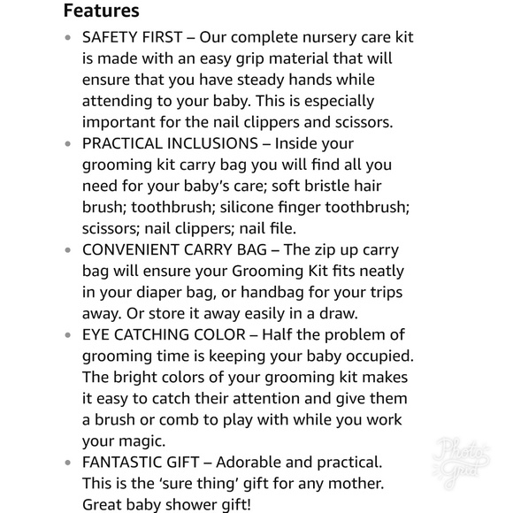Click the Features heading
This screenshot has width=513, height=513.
coord(102,11)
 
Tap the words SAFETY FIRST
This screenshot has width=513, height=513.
coord(132,37)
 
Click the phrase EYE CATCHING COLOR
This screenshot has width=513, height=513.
coord(161,334)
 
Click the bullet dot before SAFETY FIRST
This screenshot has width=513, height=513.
coord(69,38)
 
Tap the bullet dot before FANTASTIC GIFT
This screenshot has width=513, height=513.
coord(69,463)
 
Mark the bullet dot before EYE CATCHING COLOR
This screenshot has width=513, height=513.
coord(69,335)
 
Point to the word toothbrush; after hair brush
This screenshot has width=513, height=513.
coord(173,207)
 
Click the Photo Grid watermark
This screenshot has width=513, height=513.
coord(462,461)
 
